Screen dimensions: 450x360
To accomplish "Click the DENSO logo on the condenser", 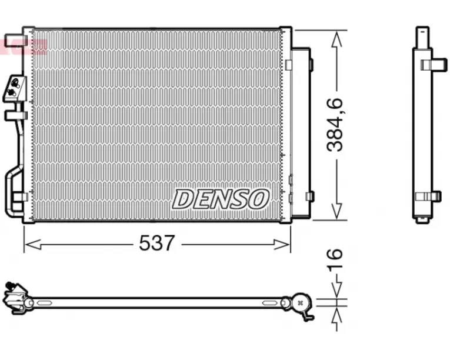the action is click(221, 199).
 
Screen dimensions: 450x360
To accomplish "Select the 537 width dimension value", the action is click(156, 243).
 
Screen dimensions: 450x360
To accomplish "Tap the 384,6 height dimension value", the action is click(335, 125).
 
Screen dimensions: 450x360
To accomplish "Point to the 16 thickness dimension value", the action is click(335, 258).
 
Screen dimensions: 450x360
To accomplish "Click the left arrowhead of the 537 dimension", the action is click(33, 245).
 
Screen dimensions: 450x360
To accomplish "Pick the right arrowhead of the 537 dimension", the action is click(282, 245).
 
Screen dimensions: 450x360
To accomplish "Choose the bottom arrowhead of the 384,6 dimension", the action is click(336, 212).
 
